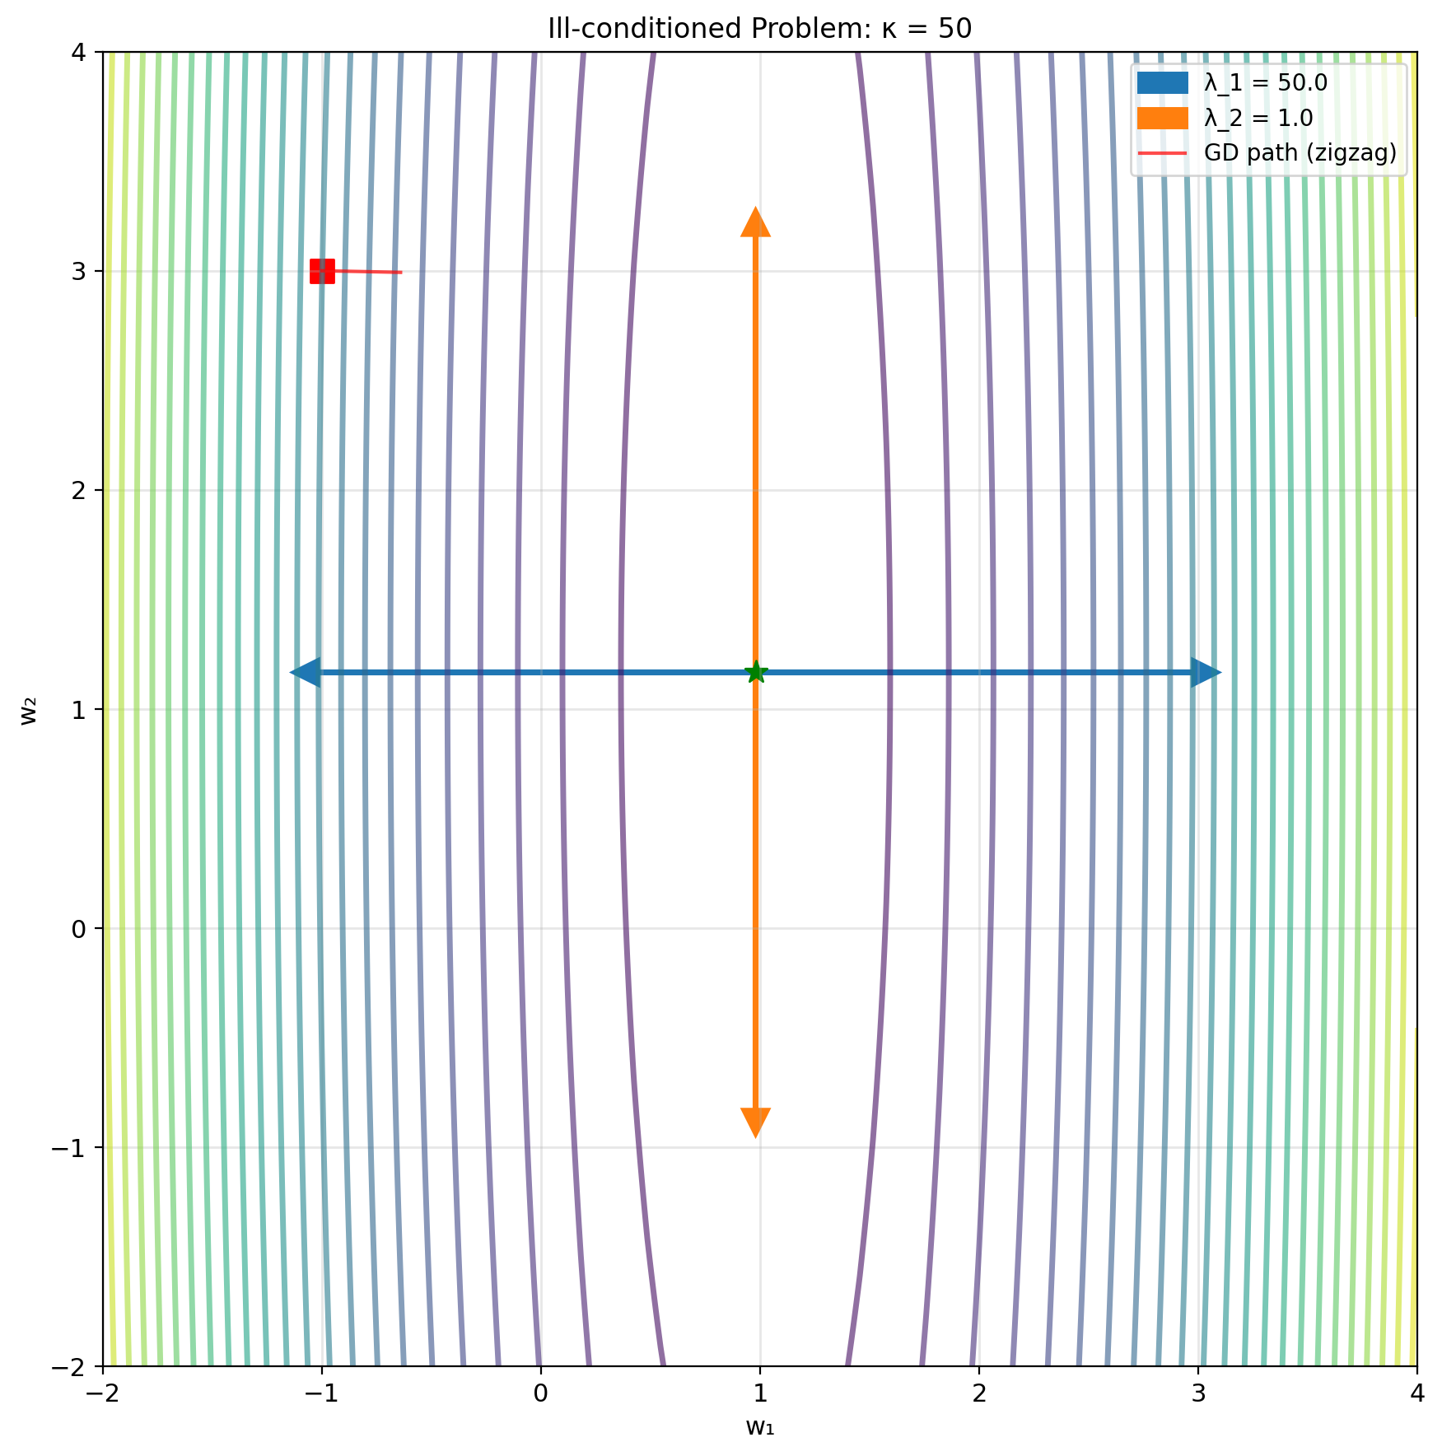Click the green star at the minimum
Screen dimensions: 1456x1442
(756, 673)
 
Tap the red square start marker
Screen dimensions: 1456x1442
(322, 271)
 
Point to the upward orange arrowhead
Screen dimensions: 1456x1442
(756, 223)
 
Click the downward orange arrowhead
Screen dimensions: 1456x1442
(756, 1122)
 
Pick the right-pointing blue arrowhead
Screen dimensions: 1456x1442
(1206, 673)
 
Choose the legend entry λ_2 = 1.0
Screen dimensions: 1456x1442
(1258, 119)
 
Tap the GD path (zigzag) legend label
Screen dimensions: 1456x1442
(1300, 153)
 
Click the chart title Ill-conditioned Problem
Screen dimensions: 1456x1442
(759, 29)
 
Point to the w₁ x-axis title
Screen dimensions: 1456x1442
(759, 1426)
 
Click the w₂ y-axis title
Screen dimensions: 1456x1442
(29, 710)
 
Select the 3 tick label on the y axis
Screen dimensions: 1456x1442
(80, 272)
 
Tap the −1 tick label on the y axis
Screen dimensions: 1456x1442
(72, 1148)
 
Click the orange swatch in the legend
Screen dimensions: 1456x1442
(1162, 119)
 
